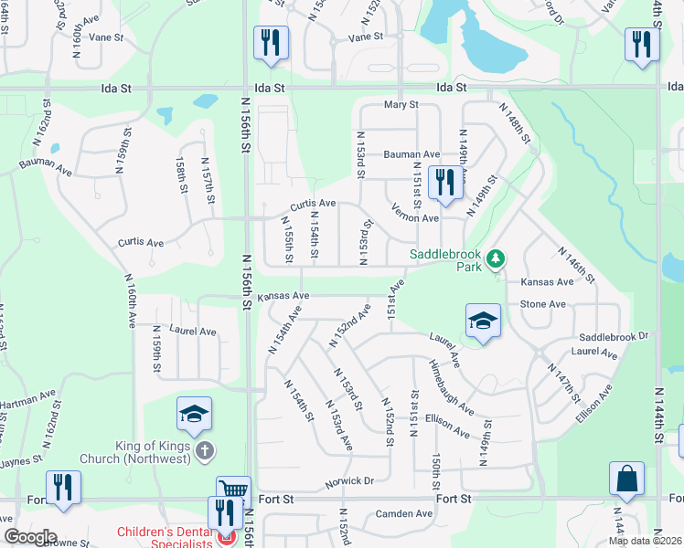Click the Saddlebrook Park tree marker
pyautogui.click(x=496, y=259)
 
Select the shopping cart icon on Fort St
pyautogui.click(x=233, y=490)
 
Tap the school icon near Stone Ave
pyautogui.click(x=483, y=320)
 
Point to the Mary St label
pyautogui.click(x=401, y=105)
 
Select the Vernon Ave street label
pyautogui.click(x=416, y=218)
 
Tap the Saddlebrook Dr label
pyautogui.click(x=614, y=336)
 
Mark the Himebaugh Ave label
pyautogui.click(x=451, y=385)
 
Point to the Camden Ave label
pyautogui.click(x=404, y=514)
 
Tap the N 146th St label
pyautogui.click(x=575, y=263)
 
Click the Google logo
pyautogui.click(x=29, y=537)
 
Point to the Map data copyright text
pyautogui.click(x=645, y=541)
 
